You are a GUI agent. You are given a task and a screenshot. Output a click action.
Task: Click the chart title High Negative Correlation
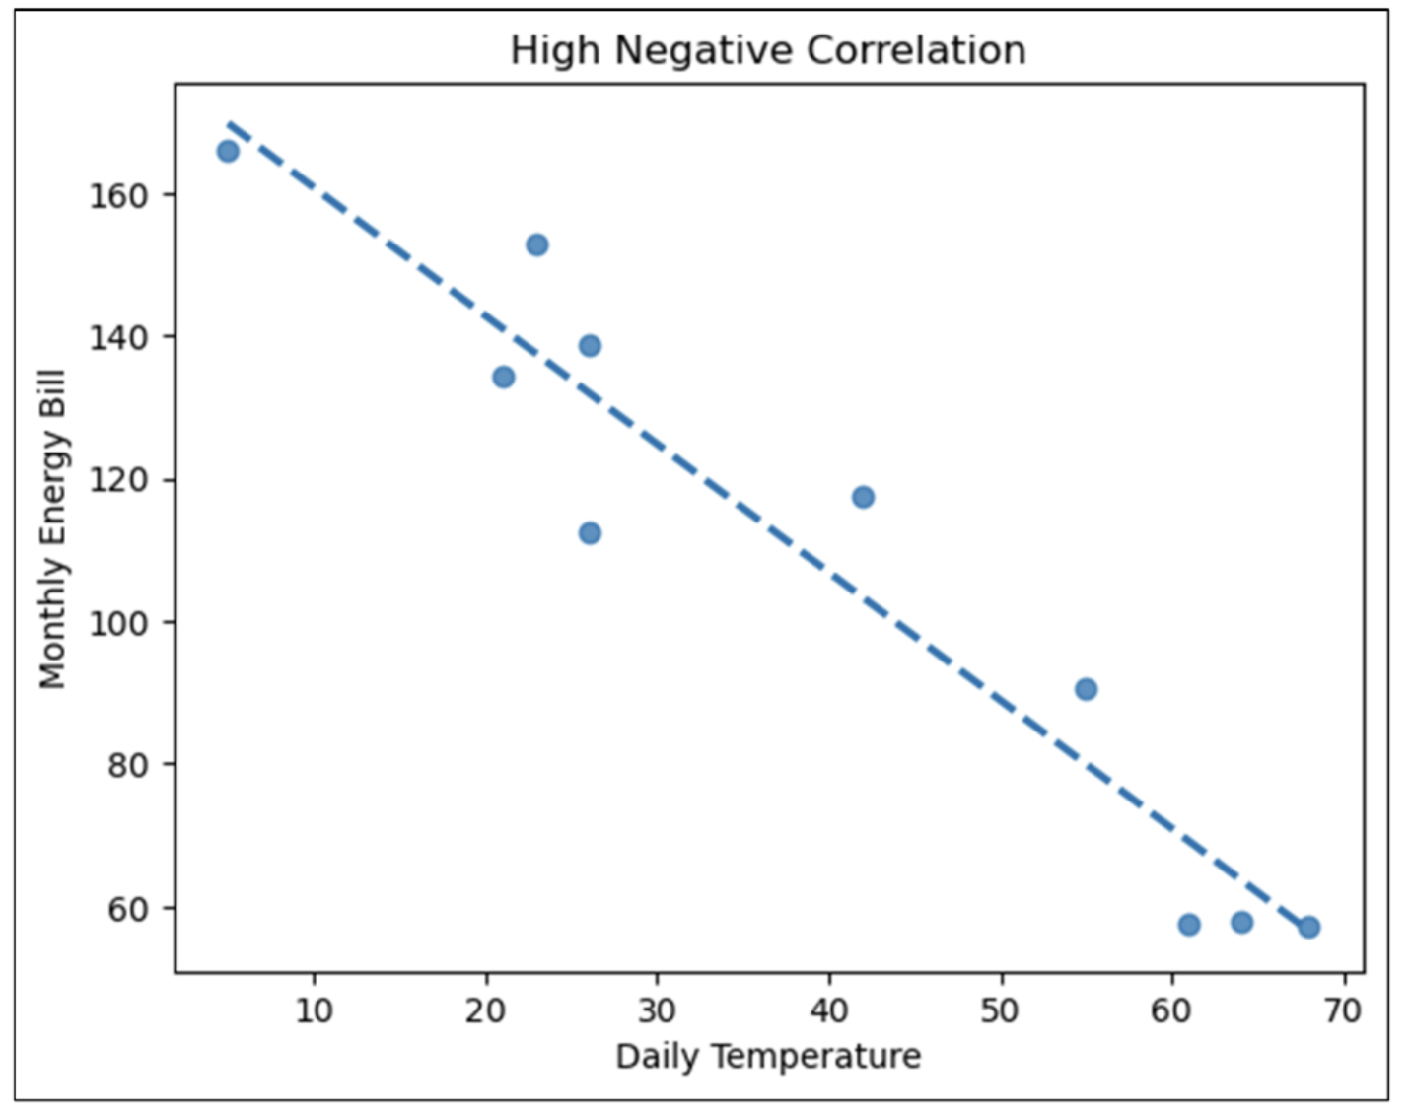(767, 50)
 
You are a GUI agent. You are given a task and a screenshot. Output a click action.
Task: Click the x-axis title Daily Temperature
(767, 1056)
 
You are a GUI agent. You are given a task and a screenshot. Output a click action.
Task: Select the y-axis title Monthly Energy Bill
(51, 528)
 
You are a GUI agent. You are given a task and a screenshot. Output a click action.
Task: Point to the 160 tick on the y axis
(118, 195)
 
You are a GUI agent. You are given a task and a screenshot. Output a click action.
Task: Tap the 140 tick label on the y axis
(118, 337)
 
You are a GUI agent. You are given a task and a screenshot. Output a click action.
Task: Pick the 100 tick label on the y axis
(118, 623)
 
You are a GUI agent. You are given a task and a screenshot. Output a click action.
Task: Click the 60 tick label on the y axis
(127, 908)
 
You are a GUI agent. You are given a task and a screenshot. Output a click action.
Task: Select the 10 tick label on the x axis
(314, 1010)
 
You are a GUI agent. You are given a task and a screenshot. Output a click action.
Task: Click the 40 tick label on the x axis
(829, 1010)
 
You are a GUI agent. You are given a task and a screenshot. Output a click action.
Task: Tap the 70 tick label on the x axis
(1343, 1010)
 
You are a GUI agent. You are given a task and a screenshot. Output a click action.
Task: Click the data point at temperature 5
(228, 151)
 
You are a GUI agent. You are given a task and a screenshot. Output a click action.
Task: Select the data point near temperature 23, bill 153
(536, 244)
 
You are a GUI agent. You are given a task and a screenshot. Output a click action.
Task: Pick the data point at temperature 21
(503, 377)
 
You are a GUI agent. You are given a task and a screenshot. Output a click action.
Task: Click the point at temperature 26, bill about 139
(590, 345)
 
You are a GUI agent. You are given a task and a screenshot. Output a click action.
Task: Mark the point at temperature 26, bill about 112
(590, 533)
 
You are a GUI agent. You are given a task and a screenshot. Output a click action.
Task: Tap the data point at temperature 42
(863, 497)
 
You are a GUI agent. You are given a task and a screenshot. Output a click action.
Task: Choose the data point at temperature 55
(1086, 689)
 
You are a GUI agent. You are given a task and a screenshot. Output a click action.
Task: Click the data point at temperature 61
(1188, 925)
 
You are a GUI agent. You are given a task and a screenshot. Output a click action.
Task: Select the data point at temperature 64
(1241, 923)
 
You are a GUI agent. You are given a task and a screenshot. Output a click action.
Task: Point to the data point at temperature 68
(1308, 927)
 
